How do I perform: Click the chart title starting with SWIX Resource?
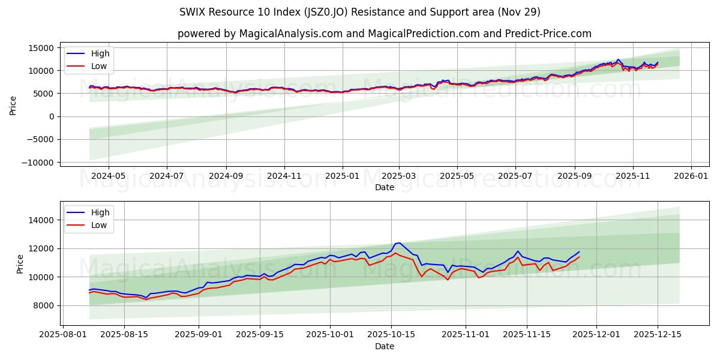click(360, 12)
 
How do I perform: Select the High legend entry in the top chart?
click(100, 53)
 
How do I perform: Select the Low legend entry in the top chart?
click(99, 66)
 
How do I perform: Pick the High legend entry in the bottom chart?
click(100, 212)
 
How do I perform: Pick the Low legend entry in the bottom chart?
click(99, 225)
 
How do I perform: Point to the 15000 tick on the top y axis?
click(40, 48)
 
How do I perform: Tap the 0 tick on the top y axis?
click(50, 116)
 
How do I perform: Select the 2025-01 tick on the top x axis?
click(343, 176)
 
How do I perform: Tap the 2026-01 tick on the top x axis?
click(691, 176)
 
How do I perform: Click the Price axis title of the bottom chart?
click(20, 264)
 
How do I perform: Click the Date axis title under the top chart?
click(385, 187)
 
